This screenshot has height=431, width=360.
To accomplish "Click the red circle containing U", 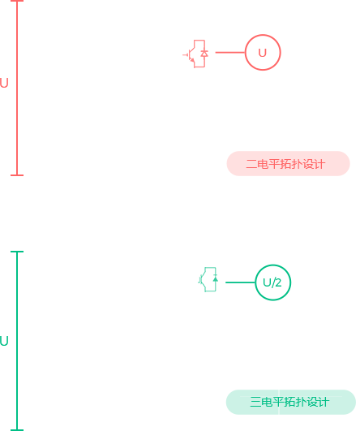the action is [x=263, y=35].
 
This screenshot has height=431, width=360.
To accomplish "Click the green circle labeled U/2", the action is [x=273, y=265].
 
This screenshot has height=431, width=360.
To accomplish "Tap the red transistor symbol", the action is [x=195, y=54].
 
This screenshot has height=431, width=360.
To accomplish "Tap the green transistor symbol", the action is [x=208, y=279].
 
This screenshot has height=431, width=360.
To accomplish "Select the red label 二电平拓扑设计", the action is [x=285, y=164].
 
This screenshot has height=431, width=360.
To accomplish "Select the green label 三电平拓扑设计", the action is [x=289, y=402].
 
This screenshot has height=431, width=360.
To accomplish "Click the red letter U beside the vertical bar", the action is [x=4, y=83].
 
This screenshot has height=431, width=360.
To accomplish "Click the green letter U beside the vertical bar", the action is [x=4, y=341].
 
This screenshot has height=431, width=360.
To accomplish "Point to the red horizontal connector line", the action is [x=230, y=52].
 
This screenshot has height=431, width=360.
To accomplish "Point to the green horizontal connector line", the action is [x=240, y=282].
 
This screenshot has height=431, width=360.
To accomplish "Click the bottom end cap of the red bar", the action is [x=17, y=175].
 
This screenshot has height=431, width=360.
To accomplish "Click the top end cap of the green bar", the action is [x=17, y=252].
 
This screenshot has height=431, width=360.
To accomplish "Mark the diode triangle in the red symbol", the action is [x=204, y=54].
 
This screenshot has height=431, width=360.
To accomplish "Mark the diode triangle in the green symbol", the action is [x=216, y=279].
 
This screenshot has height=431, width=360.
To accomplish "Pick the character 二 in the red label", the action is [x=251, y=164].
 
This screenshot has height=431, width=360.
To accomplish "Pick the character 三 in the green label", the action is [x=255, y=402].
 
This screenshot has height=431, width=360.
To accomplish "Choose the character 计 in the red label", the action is [x=320, y=164].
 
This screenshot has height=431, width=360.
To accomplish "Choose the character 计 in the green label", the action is [x=324, y=402].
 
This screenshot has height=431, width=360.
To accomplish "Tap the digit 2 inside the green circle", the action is [x=278, y=282].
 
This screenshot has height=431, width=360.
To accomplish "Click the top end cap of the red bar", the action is [x=17, y=1].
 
